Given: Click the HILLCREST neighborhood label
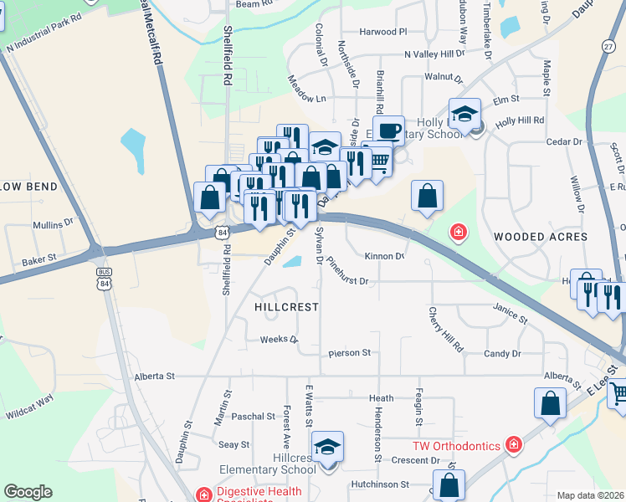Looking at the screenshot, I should tap(286, 307).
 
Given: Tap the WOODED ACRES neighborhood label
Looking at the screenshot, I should tap(536, 237).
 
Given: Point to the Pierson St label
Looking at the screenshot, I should tap(349, 353).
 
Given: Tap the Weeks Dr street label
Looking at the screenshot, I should tap(279, 340).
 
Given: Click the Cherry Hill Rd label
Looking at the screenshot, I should tap(445, 329).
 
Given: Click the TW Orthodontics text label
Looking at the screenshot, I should tap(456, 446).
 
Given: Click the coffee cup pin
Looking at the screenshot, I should tap(388, 131).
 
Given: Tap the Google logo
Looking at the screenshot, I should tap(28, 492).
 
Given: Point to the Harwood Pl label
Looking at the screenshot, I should tap(382, 32).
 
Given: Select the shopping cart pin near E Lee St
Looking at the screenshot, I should tap(619, 392).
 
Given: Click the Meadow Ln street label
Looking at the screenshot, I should tap(306, 98).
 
